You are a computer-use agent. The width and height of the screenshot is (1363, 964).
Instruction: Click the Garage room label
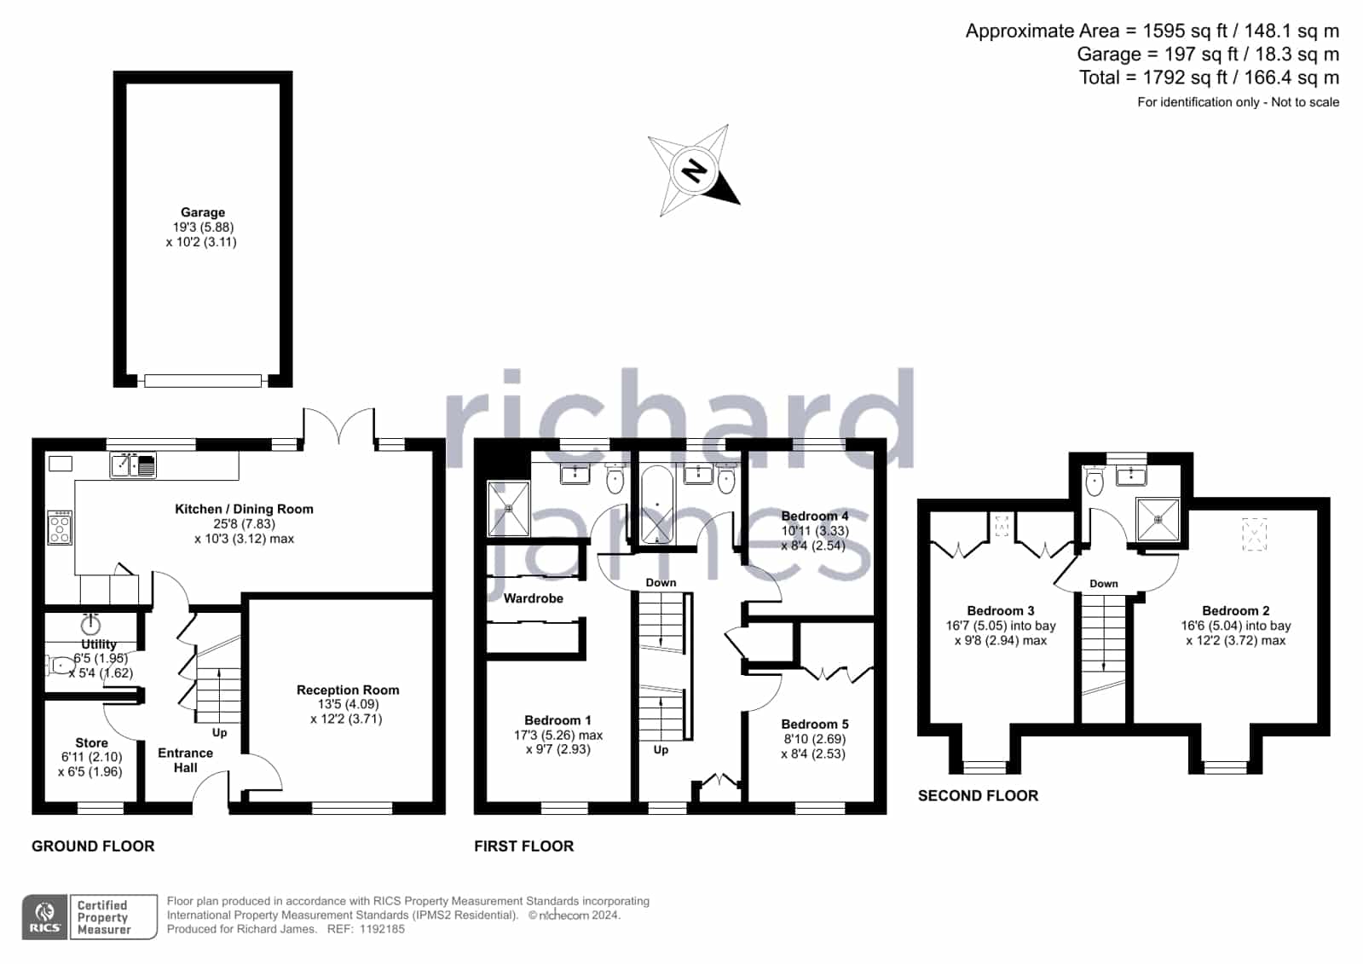tap(203, 212)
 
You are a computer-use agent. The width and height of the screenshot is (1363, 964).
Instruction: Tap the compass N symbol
tap(694, 170)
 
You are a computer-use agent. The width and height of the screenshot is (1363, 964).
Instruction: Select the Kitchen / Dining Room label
tap(244, 509)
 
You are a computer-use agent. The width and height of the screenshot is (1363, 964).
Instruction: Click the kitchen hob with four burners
tap(60, 527)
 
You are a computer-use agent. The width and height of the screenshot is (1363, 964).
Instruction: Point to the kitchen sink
tap(133, 465)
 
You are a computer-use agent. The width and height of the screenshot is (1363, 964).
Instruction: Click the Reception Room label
tap(348, 690)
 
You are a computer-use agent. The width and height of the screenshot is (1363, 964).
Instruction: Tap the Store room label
tap(92, 742)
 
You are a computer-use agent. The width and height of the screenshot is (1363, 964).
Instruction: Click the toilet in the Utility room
tap(60, 666)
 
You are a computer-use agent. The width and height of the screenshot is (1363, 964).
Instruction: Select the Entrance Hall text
tap(186, 760)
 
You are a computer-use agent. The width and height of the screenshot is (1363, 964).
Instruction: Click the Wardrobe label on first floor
tap(534, 598)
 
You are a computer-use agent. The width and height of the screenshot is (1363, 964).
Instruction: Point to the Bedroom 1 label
tap(558, 720)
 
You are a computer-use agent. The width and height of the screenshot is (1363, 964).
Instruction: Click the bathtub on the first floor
tap(657, 505)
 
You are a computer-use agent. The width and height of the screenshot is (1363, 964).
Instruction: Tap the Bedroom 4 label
tap(815, 516)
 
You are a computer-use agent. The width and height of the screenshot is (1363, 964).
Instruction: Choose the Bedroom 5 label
tap(815, 724)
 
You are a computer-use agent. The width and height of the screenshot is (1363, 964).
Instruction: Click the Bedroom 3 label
tap(1001, 610)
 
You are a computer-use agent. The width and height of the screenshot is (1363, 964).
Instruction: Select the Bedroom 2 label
tap(1236, 610)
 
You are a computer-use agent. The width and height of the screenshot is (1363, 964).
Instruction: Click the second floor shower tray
tap(1158, 519)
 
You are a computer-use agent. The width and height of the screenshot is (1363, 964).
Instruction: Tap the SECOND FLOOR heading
tap(978, 795)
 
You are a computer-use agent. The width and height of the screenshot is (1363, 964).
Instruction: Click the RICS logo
tap(45, 916)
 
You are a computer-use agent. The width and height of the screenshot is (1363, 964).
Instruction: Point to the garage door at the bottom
tap(203, 381)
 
